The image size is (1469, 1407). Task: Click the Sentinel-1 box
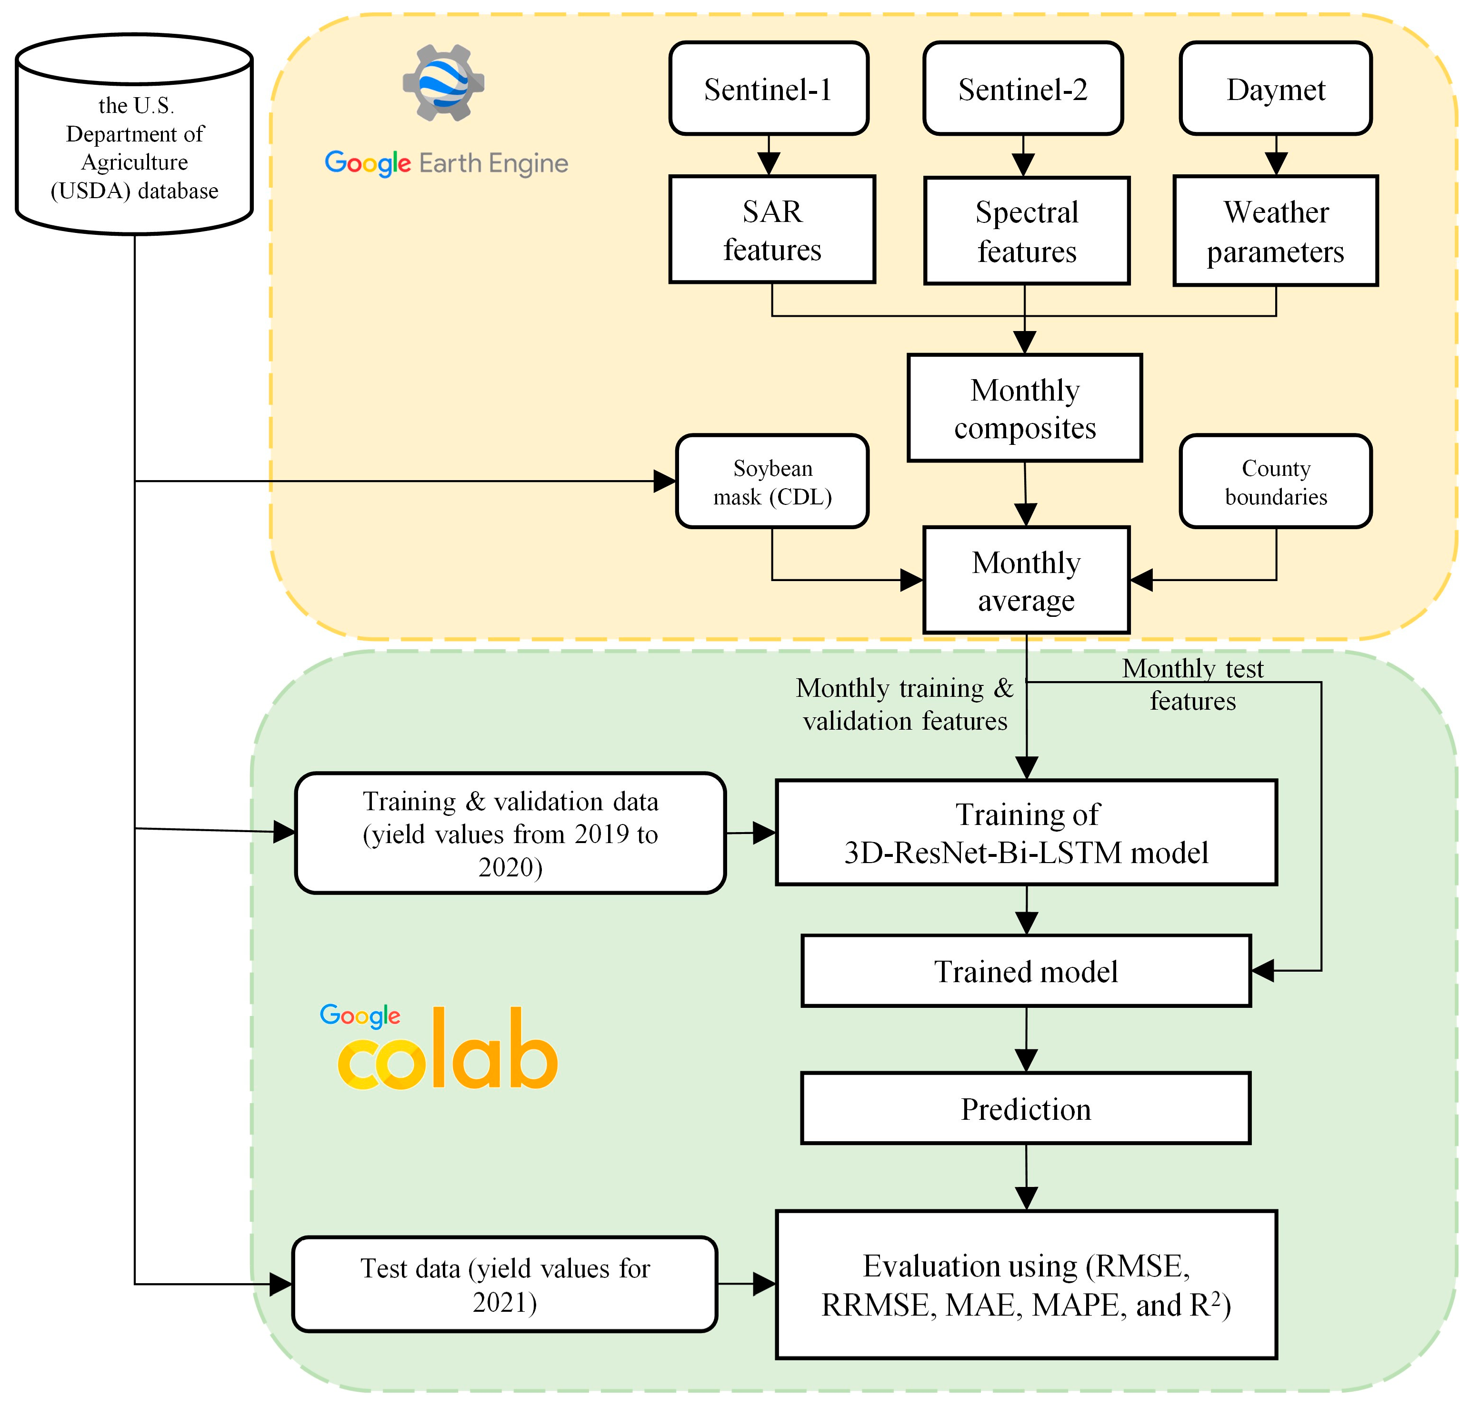click(x=768, y=89)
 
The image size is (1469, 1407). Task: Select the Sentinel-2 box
click(x=1022, y=89)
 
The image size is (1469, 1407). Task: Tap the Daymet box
click(x=1276, y=89)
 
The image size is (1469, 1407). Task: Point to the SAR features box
click(x=772, y=230)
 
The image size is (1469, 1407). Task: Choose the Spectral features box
click(x=1026, y=231)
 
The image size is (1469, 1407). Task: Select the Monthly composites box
click(x=1025, y=408)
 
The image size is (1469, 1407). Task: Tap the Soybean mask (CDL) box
click(x=772, y=481)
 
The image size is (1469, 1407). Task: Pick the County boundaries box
click(x=1276, y=481)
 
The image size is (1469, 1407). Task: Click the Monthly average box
click(x=1026, y=580)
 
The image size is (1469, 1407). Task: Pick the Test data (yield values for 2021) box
click(x=504, y=1284)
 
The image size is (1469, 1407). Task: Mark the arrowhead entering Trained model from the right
click(x=1263, y=971)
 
